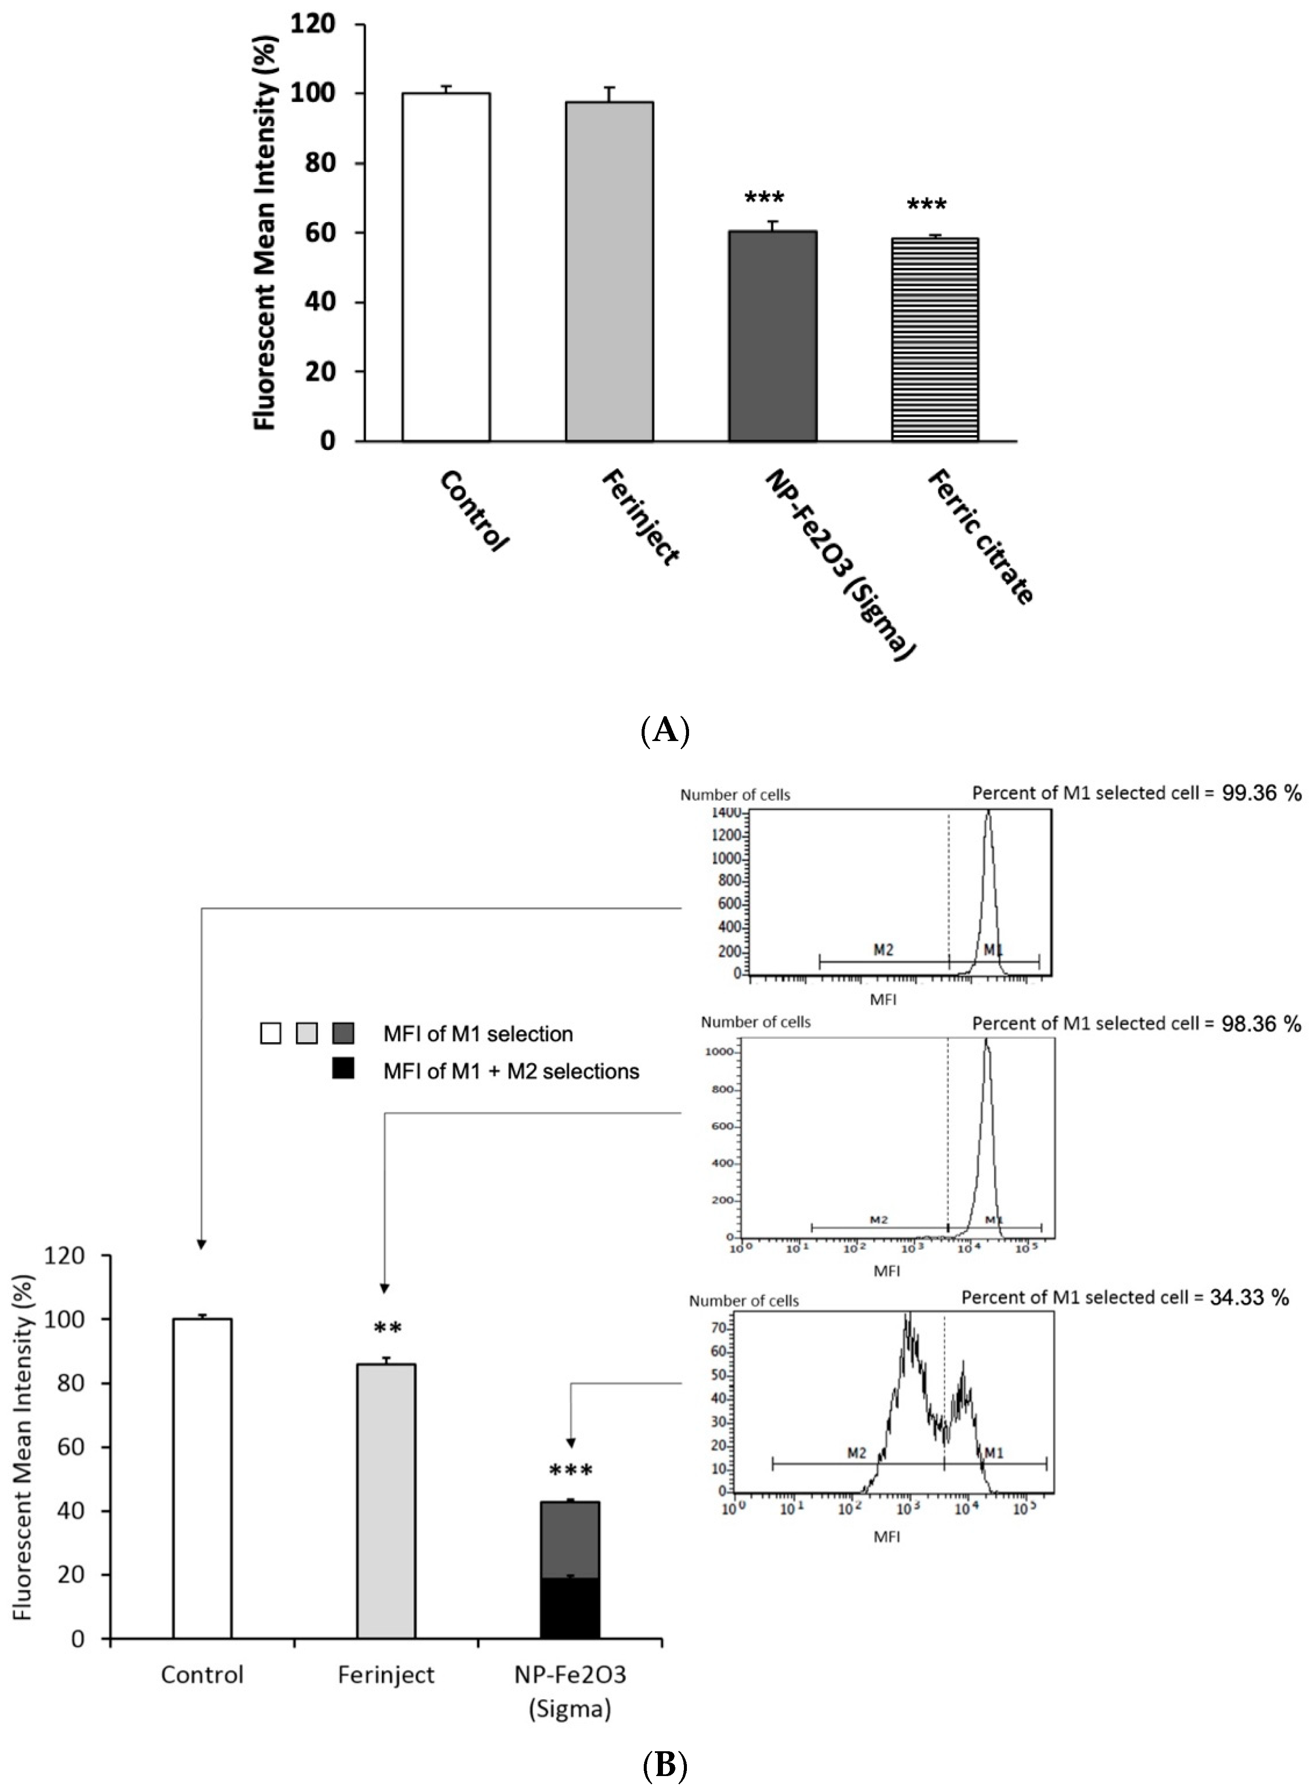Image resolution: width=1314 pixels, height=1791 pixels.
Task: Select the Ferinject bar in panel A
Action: pyautogui.click(x=609, y=271)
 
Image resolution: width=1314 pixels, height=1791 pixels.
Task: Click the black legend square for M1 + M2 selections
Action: pyautogui.click(x=343, y=1071)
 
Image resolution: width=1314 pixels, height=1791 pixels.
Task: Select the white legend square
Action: pyautogui.click(x=270, y=1034)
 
